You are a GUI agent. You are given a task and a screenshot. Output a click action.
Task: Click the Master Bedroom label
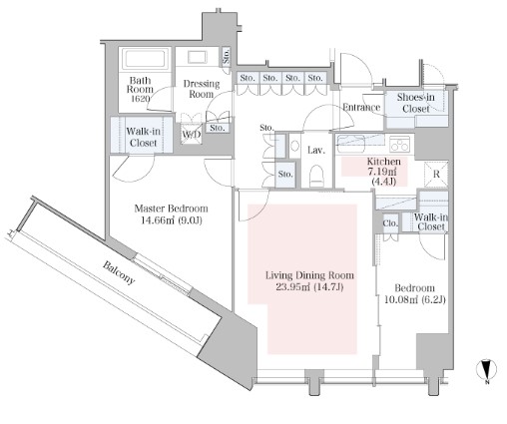(x=171, y=209)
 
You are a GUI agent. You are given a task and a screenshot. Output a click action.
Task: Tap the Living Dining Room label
(x=309, y=275)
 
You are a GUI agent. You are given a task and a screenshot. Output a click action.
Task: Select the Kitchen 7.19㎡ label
(x=383, y=168)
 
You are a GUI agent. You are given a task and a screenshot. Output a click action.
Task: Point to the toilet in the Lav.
(x=316, y=176)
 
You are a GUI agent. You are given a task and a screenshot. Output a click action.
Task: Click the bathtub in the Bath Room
(x=145, y=59)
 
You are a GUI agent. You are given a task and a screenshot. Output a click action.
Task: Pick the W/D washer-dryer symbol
(x=192, y=134)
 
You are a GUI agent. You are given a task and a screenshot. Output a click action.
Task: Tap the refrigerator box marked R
(x=436, y=174)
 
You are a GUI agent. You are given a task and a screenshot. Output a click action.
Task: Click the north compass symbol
(x=486, y=370)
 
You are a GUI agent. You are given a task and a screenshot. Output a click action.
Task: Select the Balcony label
(x=119, y=272)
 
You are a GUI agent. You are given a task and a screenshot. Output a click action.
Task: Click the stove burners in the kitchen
(x=399, y=144)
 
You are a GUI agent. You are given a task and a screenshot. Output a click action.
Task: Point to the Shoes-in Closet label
(x=415, y=103)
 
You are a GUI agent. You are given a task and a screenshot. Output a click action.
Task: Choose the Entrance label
(x=361, y=107)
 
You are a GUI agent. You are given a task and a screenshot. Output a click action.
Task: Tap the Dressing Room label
(x=202, y=89)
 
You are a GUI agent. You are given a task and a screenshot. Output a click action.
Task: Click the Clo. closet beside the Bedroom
(x=390, y=222)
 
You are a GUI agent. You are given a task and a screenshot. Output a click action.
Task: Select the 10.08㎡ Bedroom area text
(x=414, y=299)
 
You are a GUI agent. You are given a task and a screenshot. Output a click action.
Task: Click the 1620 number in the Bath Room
(x=140, y=99)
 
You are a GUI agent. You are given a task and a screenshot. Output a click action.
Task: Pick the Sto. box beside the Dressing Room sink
(x=226, y=56)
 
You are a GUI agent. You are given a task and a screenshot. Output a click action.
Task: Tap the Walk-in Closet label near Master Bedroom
(x=143, y=137)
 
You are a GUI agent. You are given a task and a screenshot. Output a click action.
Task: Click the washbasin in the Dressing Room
(x=198, y=57)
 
